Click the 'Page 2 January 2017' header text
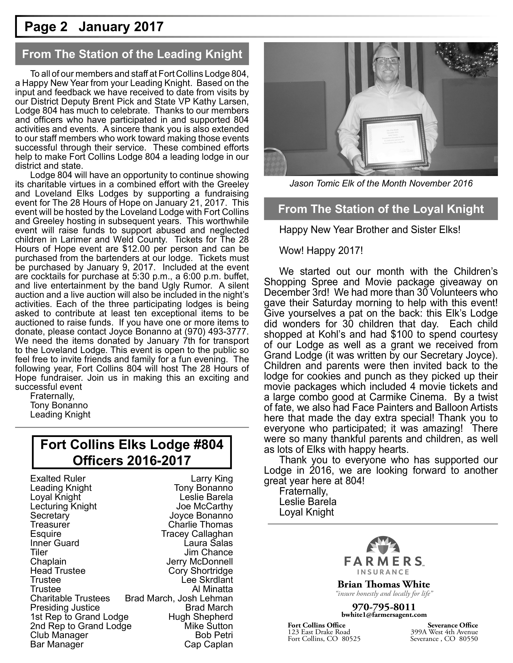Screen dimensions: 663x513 [94, 27]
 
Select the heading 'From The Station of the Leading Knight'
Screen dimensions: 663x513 [132, 54]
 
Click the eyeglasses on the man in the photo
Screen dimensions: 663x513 [387, 60]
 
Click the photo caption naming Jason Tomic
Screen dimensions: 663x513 [381, 183]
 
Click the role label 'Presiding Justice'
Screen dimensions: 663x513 [65, 607]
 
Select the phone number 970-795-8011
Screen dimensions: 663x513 [383, 607]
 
